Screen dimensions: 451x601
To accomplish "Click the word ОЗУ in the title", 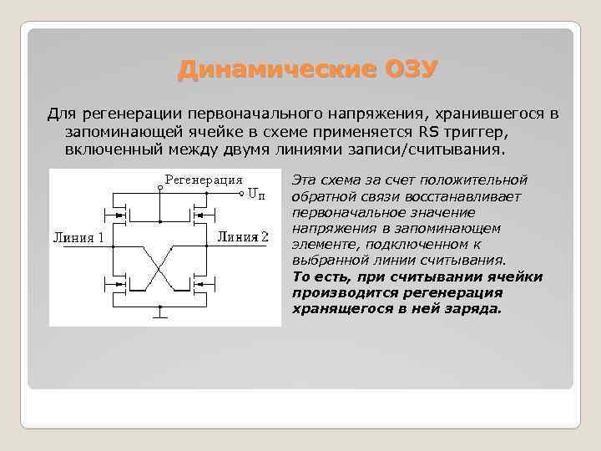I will tap(410, 69).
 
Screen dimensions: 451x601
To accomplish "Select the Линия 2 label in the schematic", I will tap(243, 236).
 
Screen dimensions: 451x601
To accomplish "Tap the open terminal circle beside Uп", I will tap(243, 194).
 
